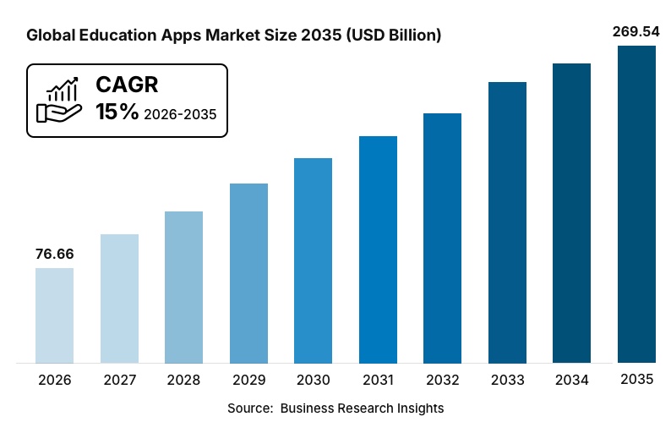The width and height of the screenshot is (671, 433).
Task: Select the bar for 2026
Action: coord(54,315)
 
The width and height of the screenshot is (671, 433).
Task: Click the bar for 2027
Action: coord(119,299)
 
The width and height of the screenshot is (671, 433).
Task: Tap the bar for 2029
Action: coord(248,273)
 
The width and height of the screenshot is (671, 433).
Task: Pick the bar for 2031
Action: coord(378,249)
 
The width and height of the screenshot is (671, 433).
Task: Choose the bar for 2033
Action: coord(507,222)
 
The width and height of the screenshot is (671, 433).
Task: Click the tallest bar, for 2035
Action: coord(636,205)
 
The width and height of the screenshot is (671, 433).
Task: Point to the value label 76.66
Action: coord(54,254)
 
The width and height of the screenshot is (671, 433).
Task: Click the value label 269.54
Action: coord(636,31)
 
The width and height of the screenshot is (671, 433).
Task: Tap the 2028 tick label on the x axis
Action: coord(183,381)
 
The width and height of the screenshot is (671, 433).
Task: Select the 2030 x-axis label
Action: coord(313,381)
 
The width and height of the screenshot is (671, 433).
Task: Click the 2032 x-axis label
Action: coord(442,381)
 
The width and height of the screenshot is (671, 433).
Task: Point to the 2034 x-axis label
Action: coord(572,381)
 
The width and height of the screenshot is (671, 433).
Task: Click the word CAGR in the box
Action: coord(127,85)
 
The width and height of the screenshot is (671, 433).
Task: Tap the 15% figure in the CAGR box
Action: coord(117,112)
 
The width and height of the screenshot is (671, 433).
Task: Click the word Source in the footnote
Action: coord(248,408)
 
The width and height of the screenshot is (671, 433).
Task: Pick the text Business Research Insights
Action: coord(362,408)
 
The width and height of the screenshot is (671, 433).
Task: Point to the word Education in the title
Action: coord(115,36)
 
